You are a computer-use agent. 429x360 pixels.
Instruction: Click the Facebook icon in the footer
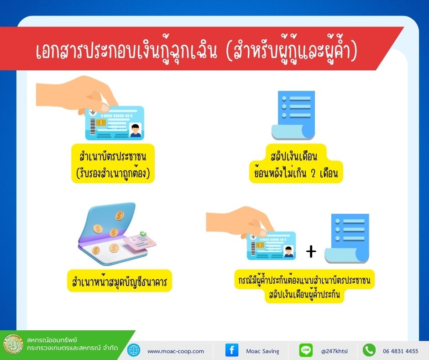232,350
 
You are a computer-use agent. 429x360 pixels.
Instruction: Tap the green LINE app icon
306,350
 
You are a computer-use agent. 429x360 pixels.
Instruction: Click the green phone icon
369,350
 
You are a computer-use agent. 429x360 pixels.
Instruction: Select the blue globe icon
134,350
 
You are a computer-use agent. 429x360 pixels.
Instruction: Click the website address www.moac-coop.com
176,351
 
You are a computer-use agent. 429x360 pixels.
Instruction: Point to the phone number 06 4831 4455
401,351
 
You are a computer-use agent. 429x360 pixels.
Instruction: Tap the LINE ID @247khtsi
335,351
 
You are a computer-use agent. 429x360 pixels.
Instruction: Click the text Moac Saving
263,351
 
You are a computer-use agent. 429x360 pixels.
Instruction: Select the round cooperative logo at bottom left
13,344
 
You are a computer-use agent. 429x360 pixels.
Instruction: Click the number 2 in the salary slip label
314,173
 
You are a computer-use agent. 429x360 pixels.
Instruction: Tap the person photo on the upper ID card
135,130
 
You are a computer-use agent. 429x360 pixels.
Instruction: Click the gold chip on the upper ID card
101,122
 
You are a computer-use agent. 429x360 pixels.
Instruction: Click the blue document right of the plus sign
347,238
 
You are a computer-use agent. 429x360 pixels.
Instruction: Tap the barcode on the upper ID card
93,126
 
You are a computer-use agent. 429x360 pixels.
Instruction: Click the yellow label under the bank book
120,281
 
